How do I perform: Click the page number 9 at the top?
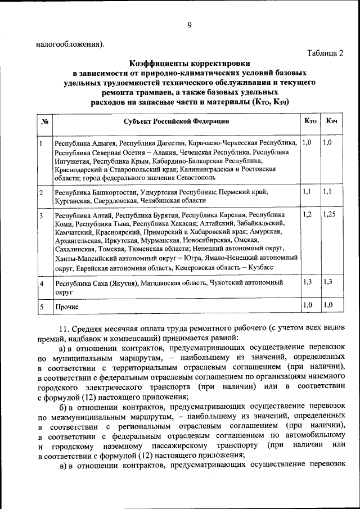[x=190, y=24]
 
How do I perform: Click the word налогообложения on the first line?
[x=69, y=43]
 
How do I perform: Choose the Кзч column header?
[x=331, y=121]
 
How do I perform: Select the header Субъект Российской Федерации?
[x=176, y=121]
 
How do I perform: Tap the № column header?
[x=44, y=121]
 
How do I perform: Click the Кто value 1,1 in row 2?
[x=307, y=192]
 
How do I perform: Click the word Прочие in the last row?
[x=66, y=308]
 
